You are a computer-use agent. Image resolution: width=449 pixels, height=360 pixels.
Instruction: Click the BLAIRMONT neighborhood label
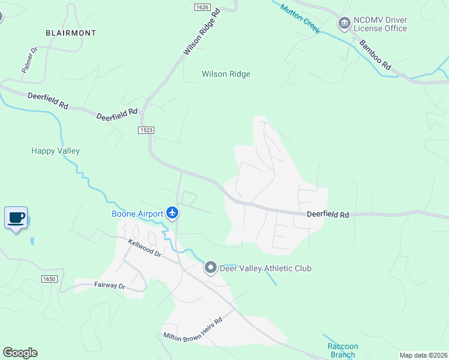point(71,33)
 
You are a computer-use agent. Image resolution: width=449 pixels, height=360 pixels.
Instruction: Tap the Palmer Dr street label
point(29,61)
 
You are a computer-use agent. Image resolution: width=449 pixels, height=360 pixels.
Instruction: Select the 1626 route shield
point(202,7)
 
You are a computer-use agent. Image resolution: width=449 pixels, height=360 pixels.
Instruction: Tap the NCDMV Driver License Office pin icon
point(345,24)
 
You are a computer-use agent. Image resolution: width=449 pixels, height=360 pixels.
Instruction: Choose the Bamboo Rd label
point(375,54)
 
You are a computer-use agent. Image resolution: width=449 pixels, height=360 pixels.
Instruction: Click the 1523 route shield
point(146,130)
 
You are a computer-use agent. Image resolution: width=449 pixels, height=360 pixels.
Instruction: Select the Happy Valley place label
point(55,151)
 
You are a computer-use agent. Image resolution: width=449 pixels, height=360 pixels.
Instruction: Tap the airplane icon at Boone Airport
point(173,212)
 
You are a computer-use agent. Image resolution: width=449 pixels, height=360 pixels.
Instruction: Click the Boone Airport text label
point(137,214)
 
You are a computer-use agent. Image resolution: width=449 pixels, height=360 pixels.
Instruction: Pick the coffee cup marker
point(16,217)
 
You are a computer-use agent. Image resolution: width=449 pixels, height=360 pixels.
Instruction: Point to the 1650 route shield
point(49,279)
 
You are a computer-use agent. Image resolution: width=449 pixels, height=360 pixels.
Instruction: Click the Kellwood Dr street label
point(145,248)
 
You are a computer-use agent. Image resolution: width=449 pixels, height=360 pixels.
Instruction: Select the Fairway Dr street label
point(109,286)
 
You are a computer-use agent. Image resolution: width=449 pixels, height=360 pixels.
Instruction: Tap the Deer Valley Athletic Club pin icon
point(210,268)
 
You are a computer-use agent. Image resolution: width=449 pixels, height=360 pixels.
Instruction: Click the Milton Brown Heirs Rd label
point(193,328)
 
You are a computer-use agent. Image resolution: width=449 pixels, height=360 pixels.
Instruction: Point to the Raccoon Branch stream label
point(343,350)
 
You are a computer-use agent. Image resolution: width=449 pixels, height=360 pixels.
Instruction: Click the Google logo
point(20,353)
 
